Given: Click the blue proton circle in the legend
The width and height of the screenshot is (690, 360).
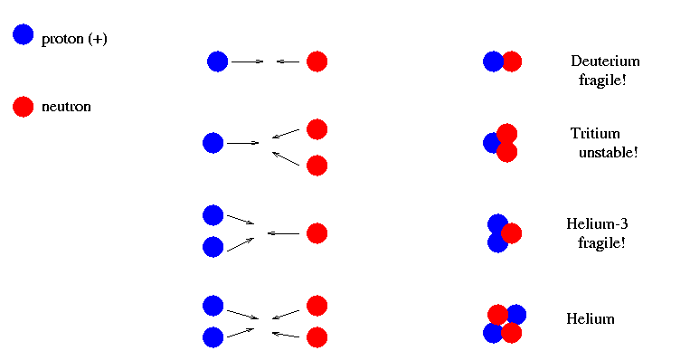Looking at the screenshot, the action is coord(24,34).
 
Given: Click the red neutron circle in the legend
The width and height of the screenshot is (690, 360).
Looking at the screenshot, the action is coord(24,107).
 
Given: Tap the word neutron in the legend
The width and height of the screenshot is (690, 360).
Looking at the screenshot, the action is coord(66,107).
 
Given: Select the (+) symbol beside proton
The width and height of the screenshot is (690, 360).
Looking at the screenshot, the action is coord(98,39).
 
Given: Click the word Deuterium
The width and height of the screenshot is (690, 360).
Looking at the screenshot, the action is coord(605,61).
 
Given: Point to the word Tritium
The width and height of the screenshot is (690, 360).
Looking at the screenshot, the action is coord(595,133).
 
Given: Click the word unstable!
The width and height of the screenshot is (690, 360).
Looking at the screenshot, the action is coord(608,152).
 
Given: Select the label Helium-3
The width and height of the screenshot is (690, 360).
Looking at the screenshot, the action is coord(597,223).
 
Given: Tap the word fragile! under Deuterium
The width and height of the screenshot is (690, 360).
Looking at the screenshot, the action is coord(602,81).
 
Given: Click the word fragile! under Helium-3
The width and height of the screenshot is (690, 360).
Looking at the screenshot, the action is coord(601,243).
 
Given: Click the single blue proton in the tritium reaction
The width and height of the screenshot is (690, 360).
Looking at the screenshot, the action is coord(213,143).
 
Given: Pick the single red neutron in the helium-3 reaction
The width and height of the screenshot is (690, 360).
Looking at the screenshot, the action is coord(317,233).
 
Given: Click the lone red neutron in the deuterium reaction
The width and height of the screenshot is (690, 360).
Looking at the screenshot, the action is coord(317,62).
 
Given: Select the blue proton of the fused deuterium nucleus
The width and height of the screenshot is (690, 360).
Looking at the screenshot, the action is coord(492,62).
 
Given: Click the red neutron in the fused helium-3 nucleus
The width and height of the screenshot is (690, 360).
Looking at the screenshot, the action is coord(511,233).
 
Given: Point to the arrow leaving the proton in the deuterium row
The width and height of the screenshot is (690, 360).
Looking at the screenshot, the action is coord(247,62).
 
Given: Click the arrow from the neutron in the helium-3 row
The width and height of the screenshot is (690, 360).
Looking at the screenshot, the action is coord(283,233).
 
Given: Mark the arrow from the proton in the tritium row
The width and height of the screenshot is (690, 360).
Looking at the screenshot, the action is coord(243,143).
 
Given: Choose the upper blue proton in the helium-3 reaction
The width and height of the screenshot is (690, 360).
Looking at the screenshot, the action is coord(213,215).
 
